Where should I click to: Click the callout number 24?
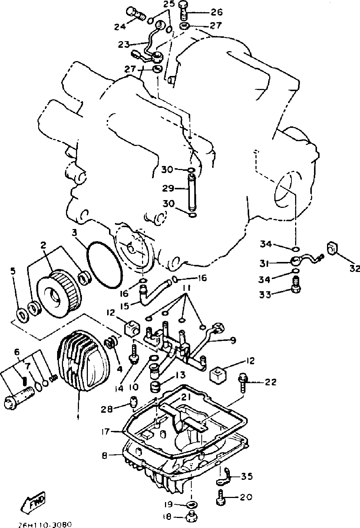(x=120, y=27)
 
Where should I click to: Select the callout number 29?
(x=168, y=188)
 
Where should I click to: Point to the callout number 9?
(x=232, y=340)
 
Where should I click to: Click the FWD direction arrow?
(x=34, y=502)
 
